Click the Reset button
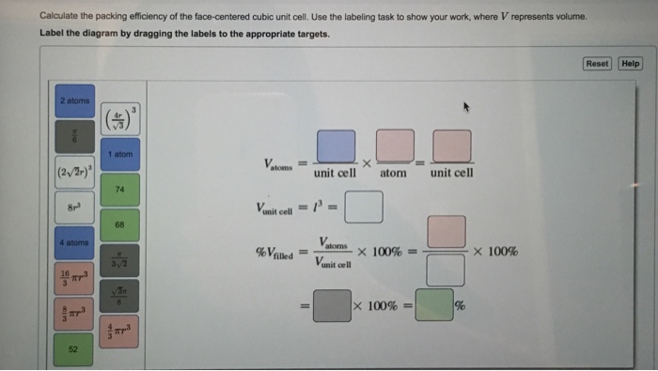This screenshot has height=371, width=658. click(597, 64)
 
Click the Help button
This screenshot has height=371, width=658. click(631, 64)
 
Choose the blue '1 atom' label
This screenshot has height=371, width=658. click(120, 154)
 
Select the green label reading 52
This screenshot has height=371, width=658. click(74, 349)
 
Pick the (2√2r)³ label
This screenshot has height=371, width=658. click(74, 172)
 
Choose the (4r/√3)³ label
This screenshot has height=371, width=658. click(120, 119)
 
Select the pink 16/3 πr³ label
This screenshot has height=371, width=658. click(74, 279)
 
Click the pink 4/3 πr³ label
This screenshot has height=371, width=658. click(120, 332)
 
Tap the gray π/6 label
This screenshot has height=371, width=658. click(74, 136)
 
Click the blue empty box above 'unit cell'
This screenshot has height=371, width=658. click(336, 147)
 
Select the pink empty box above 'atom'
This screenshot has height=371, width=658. click(394, 147)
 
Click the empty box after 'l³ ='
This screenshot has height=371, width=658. click(364, 208)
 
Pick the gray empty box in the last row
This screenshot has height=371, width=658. click(331, 306)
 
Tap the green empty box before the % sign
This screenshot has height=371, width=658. click(433, 306)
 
